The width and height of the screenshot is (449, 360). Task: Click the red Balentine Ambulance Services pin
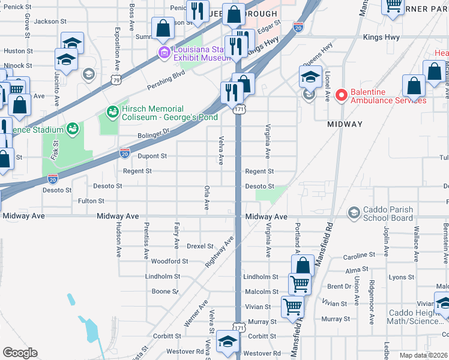point(341,95)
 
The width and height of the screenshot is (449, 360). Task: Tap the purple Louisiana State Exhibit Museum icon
point(163,53)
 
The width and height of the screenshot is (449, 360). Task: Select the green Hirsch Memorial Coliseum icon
point(112,111)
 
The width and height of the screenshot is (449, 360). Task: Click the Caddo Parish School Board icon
point(354,212)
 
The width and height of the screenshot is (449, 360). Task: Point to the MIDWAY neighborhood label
point(345,124)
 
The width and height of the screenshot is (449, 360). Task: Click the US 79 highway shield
point(113,79)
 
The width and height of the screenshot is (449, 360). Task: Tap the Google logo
point(20,353)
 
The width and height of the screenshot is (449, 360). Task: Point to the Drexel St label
point(200,246)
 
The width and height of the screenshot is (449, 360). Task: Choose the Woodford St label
point(169,262)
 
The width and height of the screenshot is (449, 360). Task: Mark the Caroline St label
point(358,256)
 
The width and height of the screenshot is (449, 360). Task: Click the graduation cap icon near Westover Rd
point(228,341)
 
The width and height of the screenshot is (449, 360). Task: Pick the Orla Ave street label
point(206,197)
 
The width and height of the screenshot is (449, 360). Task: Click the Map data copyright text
point(424,355)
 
